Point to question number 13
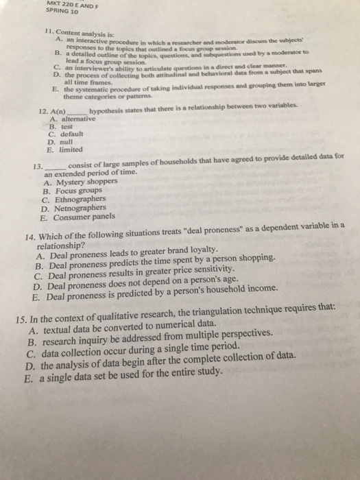point(38,166)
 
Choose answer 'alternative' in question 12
point(77,119)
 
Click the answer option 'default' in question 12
point(72,134)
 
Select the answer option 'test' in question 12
point(67,126)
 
